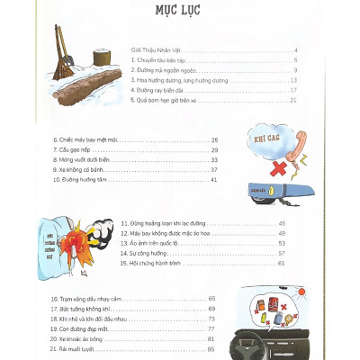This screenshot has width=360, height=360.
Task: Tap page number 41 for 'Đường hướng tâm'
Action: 214,180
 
